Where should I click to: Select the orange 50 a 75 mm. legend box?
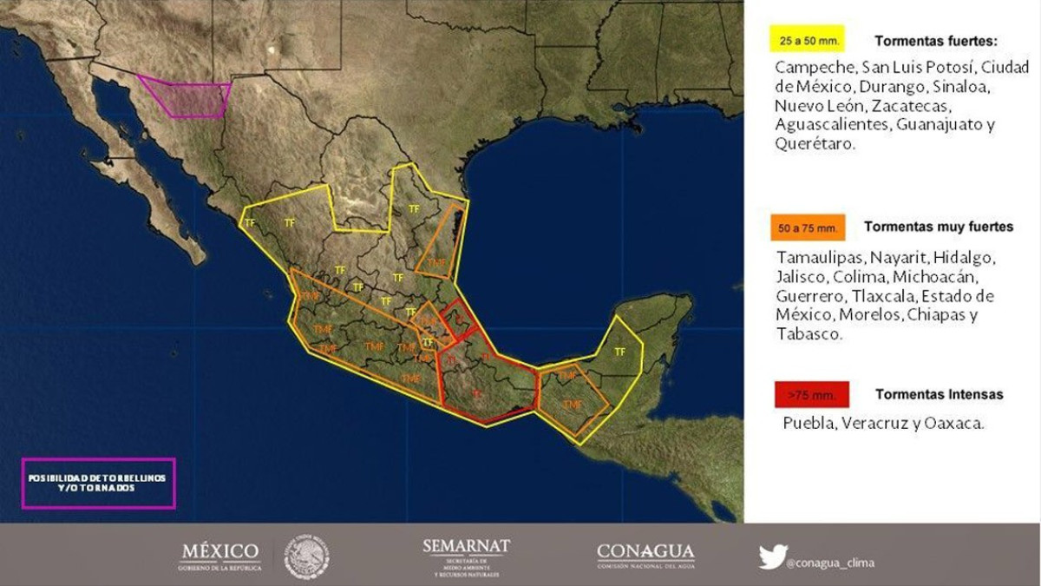[807, 227]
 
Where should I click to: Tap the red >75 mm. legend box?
[811, 395]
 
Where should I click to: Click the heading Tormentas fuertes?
[936, 41]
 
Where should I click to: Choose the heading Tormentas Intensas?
[939, 394]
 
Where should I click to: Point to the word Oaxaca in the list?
[957, 424]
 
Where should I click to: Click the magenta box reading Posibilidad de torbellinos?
[98, 483]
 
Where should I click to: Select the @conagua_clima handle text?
[831, 563]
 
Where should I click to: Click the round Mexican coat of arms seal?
[307, 556]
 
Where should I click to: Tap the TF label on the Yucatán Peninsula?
[619, 352]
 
